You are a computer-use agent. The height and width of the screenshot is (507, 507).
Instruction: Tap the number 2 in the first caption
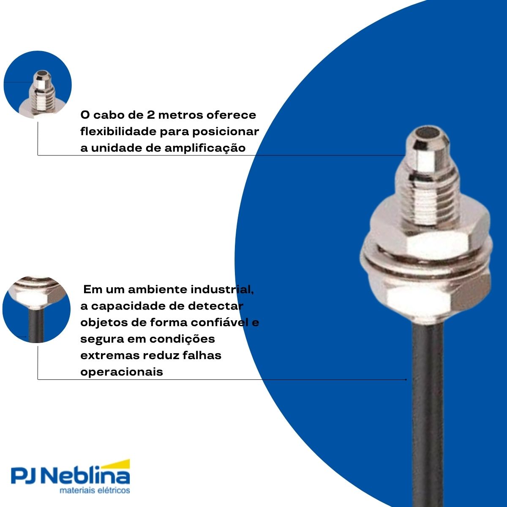[x=150, y=115]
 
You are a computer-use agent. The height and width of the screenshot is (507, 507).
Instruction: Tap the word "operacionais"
[x=122, y=372]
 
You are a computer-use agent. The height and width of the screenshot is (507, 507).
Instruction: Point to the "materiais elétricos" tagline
[x=95, y=491]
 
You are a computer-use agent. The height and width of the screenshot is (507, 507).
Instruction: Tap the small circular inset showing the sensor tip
[x=38, y=84]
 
